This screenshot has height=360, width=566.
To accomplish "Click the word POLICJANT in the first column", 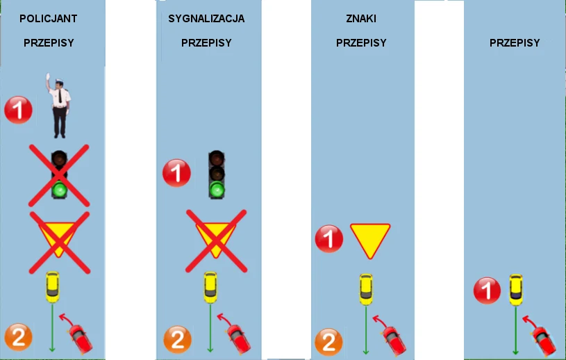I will pyautogui.click(x=47, y=19).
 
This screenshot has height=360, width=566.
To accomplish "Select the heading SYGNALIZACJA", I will pyautogui.click(x=206, y=19).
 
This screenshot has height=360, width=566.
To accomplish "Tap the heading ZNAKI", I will pyautogui.click(x=356, y=19).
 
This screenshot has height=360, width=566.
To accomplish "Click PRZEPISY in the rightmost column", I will pyautogui.click(x=515, y=42).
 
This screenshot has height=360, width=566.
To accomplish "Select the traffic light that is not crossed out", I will pyautogui.click(x=217, y=174).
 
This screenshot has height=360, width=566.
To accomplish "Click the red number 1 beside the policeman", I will pyautogui.click(x=18, y=110).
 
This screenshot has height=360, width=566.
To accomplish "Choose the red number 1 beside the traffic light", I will pyautogui.click(x=176, y=172).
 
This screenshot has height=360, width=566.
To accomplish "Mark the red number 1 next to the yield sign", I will pyautogui.click(x=329, y=239).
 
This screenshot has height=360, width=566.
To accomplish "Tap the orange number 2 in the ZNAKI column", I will pyautogui.click(x=328, y=342).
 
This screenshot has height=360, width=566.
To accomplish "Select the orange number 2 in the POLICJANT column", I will pyautogui.click(x=18, y=337).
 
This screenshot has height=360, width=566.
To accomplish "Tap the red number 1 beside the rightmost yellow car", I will pyautogui.click(x=487, y=290).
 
